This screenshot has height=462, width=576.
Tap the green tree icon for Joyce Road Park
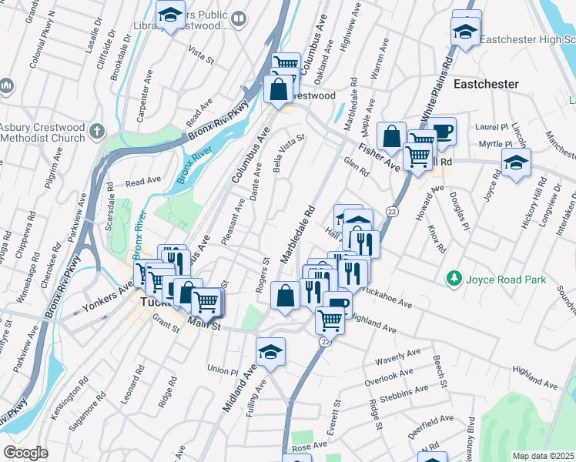point(454,278)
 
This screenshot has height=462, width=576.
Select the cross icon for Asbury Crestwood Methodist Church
point(95,130)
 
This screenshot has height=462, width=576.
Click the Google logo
point(25,453)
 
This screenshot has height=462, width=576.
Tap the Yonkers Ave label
point(113,293)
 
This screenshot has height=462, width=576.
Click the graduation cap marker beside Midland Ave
point(270,353)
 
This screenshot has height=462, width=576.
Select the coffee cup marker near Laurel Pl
point(442,130)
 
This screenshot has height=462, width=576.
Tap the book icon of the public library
point(239,18)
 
